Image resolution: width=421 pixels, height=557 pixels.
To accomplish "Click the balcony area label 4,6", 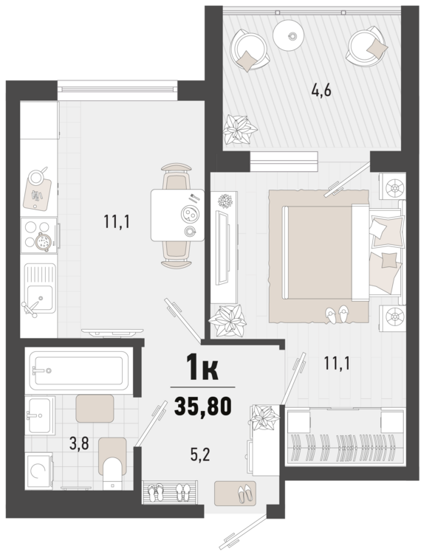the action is point(321,91).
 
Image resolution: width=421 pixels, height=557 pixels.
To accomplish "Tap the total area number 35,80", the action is point(202,406).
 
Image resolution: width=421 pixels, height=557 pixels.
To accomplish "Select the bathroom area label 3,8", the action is point(79,443).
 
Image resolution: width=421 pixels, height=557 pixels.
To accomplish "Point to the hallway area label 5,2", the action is point(200,454).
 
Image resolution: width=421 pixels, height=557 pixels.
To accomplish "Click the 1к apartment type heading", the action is point(202,368).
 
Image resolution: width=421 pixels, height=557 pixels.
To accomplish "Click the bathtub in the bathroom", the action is point(78,370).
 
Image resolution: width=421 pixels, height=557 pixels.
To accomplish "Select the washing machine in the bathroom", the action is point(38,471).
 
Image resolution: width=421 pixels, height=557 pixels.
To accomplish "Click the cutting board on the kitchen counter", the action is point(38,194).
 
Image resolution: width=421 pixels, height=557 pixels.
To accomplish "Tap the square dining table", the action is point(177,215).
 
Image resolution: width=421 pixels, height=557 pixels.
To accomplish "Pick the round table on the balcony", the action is point(289,34).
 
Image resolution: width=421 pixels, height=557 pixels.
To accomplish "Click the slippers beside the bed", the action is point(337,314).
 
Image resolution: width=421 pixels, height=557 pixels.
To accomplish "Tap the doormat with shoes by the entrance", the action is point(235,493).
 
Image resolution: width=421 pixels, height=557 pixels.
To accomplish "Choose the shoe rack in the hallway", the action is point(169,492).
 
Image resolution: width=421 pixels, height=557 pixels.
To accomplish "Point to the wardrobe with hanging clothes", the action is point(345,437).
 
